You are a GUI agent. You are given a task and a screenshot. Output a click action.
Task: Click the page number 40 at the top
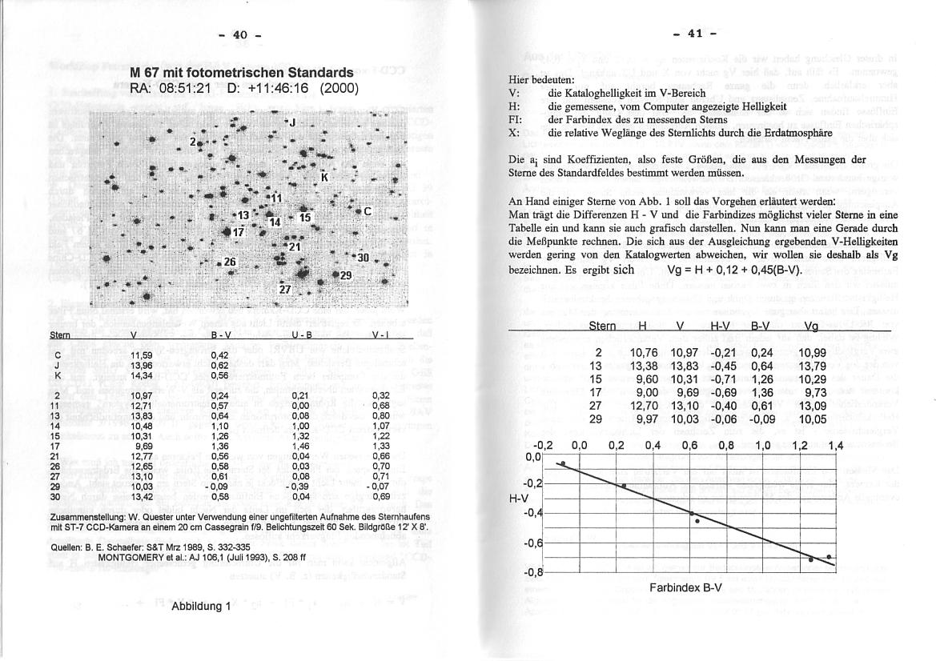[240, 34]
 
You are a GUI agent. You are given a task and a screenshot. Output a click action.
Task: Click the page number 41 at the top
[693, 34]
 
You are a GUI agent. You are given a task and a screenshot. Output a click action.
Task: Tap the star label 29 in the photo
[346, 275]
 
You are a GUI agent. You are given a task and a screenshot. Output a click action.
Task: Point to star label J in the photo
[293, 122]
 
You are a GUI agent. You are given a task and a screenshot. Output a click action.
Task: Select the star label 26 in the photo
[231, 262]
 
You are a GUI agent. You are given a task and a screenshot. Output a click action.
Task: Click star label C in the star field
[368, 212]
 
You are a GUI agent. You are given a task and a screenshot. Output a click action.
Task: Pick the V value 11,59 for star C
[142, 355]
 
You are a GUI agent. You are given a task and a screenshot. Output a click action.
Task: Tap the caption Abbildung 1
[201, 606]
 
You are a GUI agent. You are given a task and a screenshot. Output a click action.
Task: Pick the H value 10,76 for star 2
[645, 353]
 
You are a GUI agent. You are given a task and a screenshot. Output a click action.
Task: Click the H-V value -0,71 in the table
[723, 379]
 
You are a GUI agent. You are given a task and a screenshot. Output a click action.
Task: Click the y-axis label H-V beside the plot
[519, 497]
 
